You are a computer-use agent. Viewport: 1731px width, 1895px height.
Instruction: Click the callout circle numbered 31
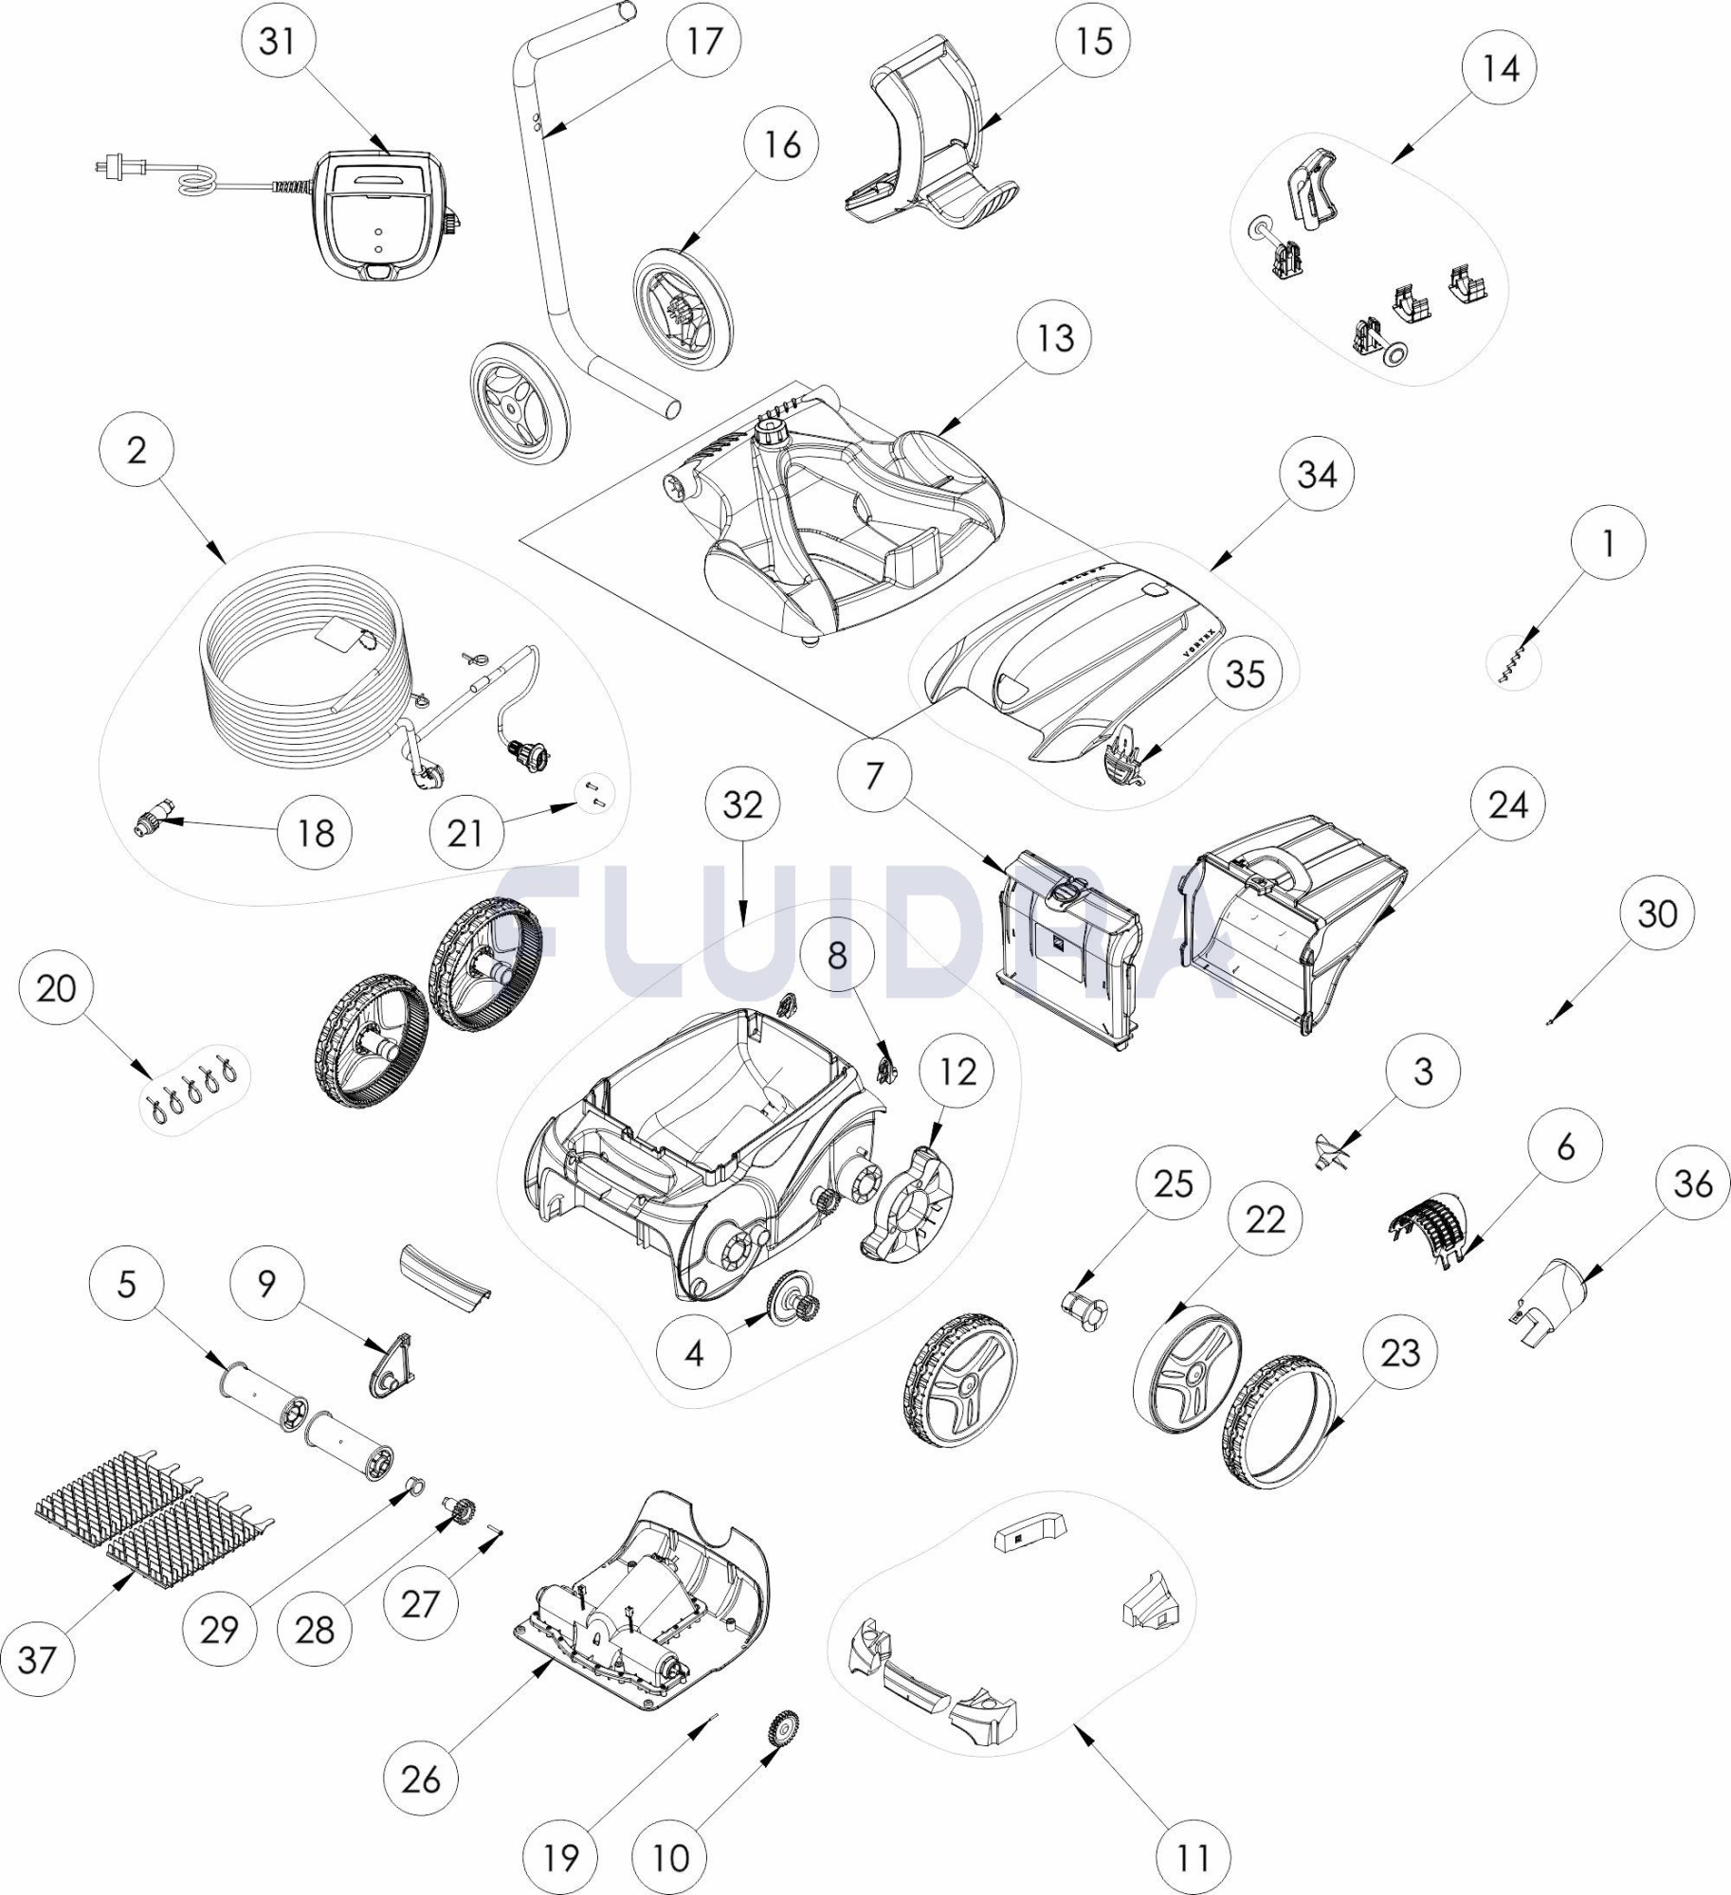[278, 41]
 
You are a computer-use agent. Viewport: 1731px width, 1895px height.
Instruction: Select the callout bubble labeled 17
[702, 41]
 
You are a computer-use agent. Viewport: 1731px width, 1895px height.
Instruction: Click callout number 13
[1055, 337]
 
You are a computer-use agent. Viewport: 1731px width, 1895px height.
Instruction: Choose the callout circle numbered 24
[1508, 804]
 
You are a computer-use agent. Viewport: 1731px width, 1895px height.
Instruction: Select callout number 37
[38, 1659]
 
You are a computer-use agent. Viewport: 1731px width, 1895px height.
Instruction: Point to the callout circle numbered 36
[1694, 1183]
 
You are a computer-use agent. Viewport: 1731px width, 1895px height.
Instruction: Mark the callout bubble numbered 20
[56, 988]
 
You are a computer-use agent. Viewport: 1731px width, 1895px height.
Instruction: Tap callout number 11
[1193, 1858]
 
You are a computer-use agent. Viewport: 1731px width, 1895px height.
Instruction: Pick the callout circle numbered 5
[126, 1285]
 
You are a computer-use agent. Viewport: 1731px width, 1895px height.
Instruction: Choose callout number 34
[1317, 474]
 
